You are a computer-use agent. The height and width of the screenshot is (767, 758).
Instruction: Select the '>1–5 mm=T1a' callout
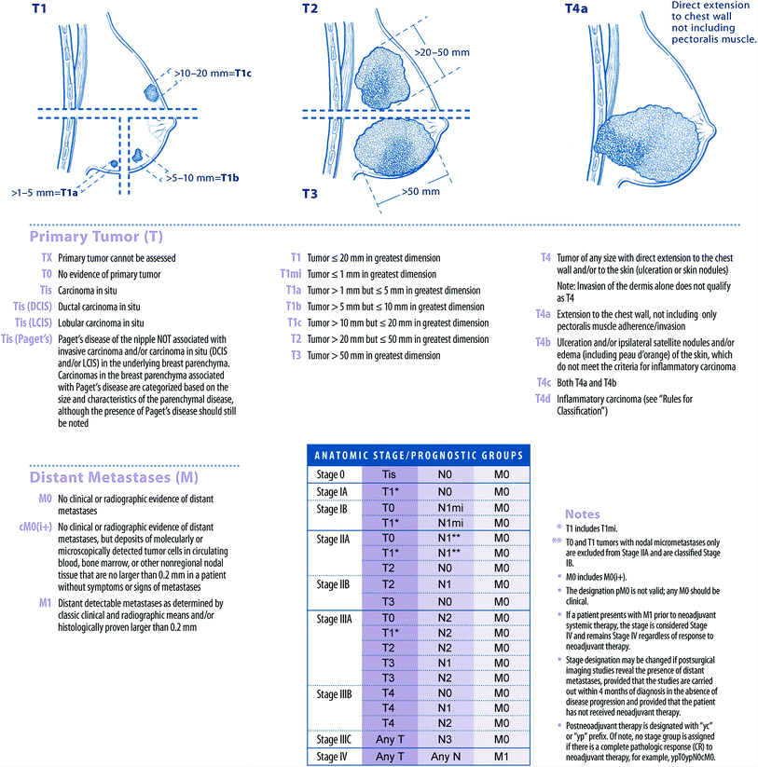point(44,192)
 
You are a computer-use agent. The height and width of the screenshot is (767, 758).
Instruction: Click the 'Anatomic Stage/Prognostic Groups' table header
point(419,456)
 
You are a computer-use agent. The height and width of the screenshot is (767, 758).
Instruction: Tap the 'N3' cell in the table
point(445,739)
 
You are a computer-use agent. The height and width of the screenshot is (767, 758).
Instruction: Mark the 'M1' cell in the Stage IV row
point(502,755)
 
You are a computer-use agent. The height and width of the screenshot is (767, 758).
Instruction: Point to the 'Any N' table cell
point(445,755)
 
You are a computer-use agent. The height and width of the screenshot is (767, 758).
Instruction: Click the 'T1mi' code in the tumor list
point(291,274)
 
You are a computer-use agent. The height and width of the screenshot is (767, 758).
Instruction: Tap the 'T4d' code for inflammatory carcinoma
point(544,398)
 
